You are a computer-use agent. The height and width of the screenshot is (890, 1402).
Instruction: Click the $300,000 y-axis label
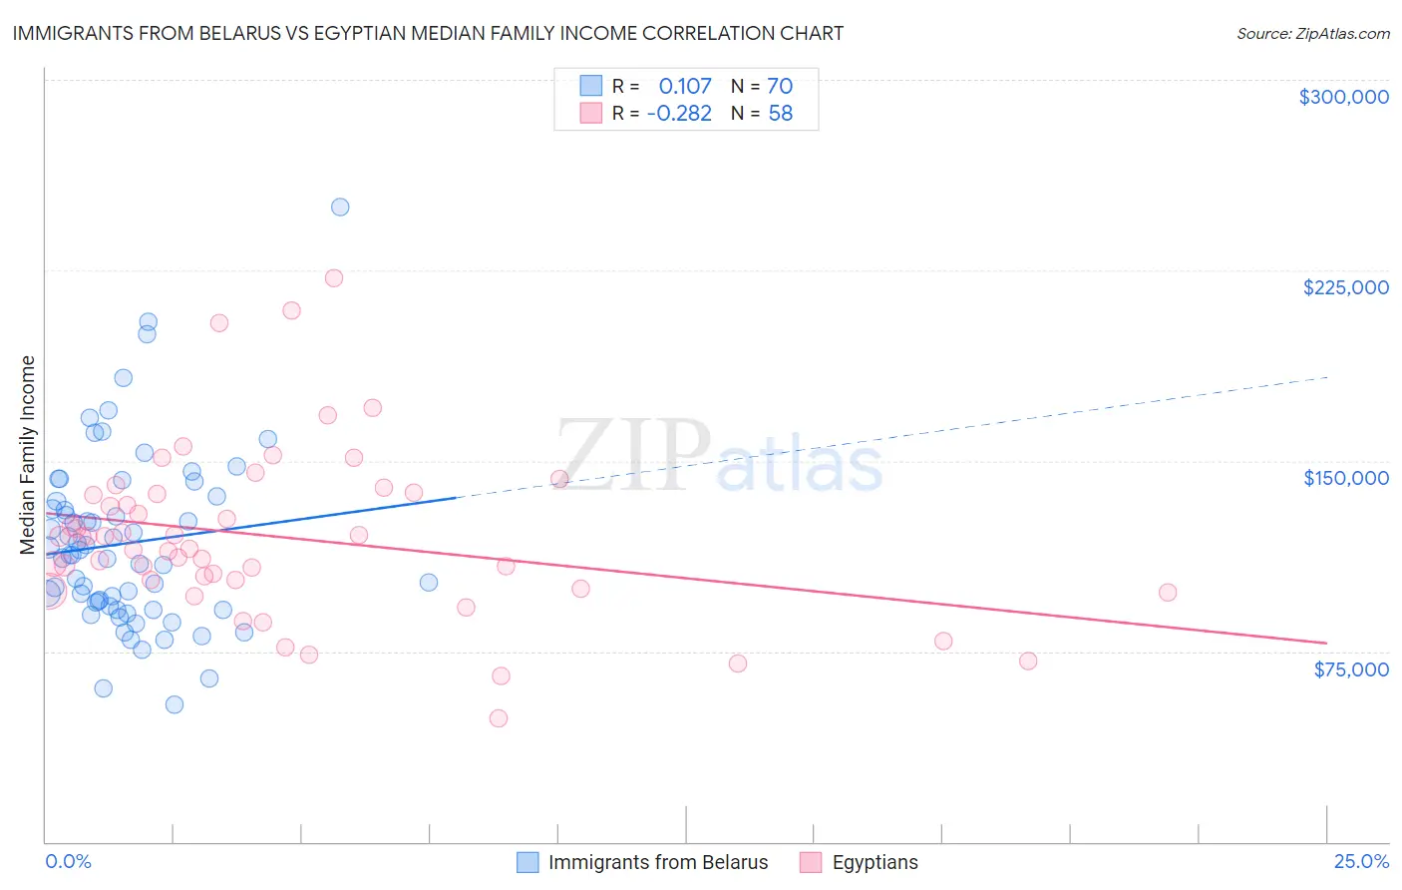1343,97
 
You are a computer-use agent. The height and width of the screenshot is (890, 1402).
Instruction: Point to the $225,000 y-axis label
1345,287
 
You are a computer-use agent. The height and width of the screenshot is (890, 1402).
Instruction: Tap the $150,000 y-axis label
1345,478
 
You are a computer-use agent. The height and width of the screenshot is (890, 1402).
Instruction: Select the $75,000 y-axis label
1350,669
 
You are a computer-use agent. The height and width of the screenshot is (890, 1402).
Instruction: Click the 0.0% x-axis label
68,862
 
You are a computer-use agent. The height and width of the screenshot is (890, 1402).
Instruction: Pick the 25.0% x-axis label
1361,862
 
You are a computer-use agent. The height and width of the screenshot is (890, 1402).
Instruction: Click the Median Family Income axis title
28,455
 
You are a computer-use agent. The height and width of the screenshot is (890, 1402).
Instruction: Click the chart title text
428,34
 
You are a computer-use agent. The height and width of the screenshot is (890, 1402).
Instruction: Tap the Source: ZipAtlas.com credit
1312,34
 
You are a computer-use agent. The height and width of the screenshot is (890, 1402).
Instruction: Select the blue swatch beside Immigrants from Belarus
527,862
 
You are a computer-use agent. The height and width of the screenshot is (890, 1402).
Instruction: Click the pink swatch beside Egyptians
811,862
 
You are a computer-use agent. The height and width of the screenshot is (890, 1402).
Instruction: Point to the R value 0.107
685,86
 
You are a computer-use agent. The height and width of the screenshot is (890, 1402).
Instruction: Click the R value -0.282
679,114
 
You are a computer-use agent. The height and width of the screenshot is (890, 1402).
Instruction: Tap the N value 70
780,86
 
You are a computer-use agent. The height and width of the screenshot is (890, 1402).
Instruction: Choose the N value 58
780,114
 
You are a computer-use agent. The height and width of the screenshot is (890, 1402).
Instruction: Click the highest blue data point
340,208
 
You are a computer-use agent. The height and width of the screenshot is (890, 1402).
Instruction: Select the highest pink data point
334,278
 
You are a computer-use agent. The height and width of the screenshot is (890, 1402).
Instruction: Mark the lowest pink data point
499,718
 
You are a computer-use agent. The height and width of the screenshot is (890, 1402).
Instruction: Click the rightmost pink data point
1168,593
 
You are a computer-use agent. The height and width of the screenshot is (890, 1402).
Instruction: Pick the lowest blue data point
175,704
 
